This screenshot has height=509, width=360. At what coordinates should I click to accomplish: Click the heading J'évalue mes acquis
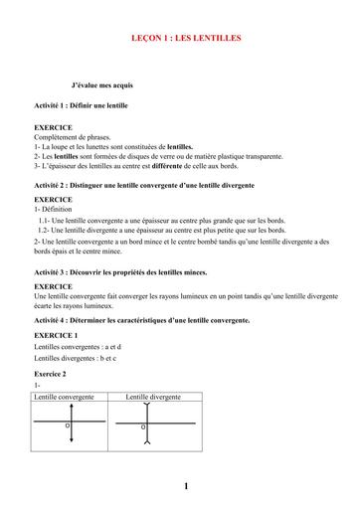109,86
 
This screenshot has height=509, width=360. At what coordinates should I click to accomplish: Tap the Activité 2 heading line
143,185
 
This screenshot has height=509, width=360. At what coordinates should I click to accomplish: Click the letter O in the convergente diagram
68,426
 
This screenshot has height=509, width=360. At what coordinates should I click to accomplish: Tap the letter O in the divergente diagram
142,427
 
